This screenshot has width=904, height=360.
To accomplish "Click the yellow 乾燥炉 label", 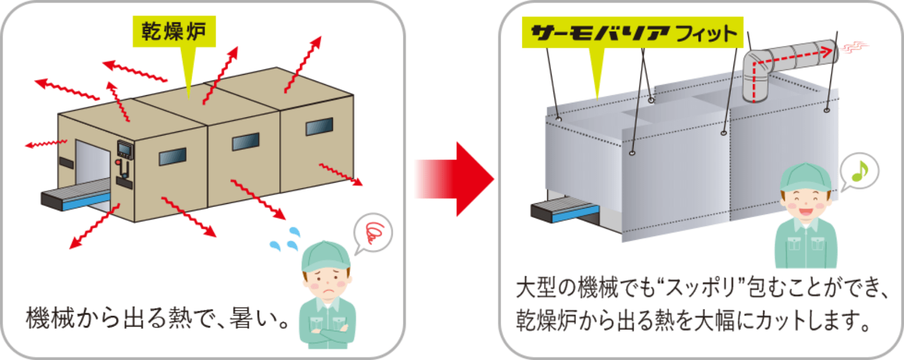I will (x=174, y=32).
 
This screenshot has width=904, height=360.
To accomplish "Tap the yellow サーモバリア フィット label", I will (x=632, y=33).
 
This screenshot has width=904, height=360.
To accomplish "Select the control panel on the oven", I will (x=124, y=150).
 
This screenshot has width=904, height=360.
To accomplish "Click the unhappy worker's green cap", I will (x=324, y=256).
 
